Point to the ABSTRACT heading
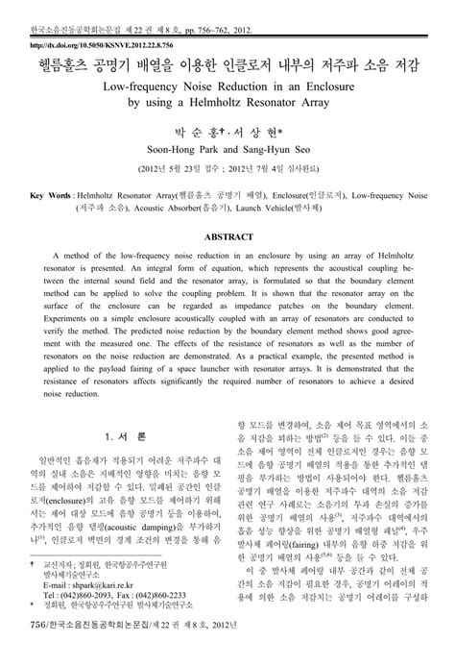(227, 235)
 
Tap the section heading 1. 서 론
(126, 435)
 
